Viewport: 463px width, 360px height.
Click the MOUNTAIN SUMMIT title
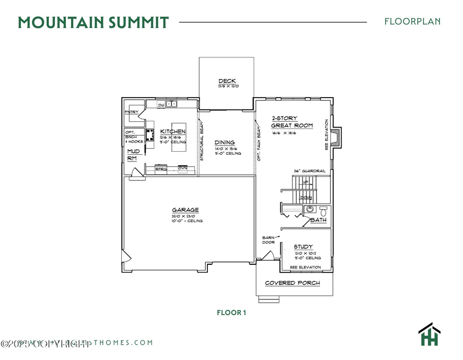tap(93, 23)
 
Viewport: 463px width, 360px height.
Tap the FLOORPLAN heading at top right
tap(412, 22)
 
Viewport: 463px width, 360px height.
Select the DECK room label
tap(227, 81)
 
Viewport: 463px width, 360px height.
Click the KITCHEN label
tap(172, 132)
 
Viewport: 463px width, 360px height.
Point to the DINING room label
tap(225, 142)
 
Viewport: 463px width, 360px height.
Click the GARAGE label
tap(185, 209)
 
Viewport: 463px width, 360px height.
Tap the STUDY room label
tap(304, 247)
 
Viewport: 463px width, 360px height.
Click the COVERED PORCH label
tap(292, 283)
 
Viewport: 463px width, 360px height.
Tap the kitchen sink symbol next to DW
tap(171, 104)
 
